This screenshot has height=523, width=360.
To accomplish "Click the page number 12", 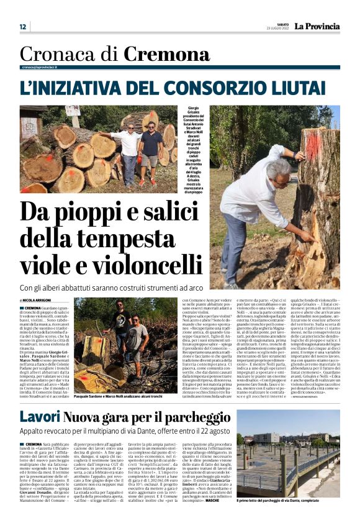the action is [x=23, y=27].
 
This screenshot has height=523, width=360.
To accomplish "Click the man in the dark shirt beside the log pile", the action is [x=151, y=152].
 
